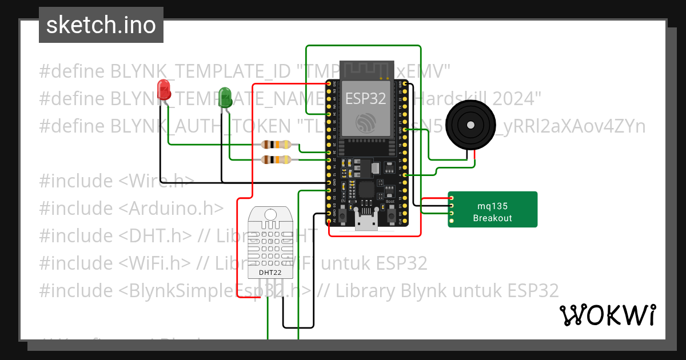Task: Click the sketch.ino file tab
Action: pyautogui.click(x=101, y=25)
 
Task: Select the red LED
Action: pyautogui.click(x=164, y=90)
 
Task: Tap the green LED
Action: pyautogui.click(x=225, y=97)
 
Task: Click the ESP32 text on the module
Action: pyautogui.click(x=365, y=98)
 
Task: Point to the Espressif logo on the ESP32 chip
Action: pyautogui.click(x=365, y=122)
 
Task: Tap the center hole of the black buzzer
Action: pyautogui.click(x=470, y=125)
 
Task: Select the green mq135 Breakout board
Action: pyautogui.click(x=492, y=210)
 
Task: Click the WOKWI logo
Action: pyautogui.click(x=607, y=315)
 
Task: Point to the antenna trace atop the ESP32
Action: pyautogui.click(x=366, y=71)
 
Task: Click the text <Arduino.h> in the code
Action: pyautogui.click(x=171, y=209)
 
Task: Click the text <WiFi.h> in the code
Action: pyautogui.click(x=155, y=263)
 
